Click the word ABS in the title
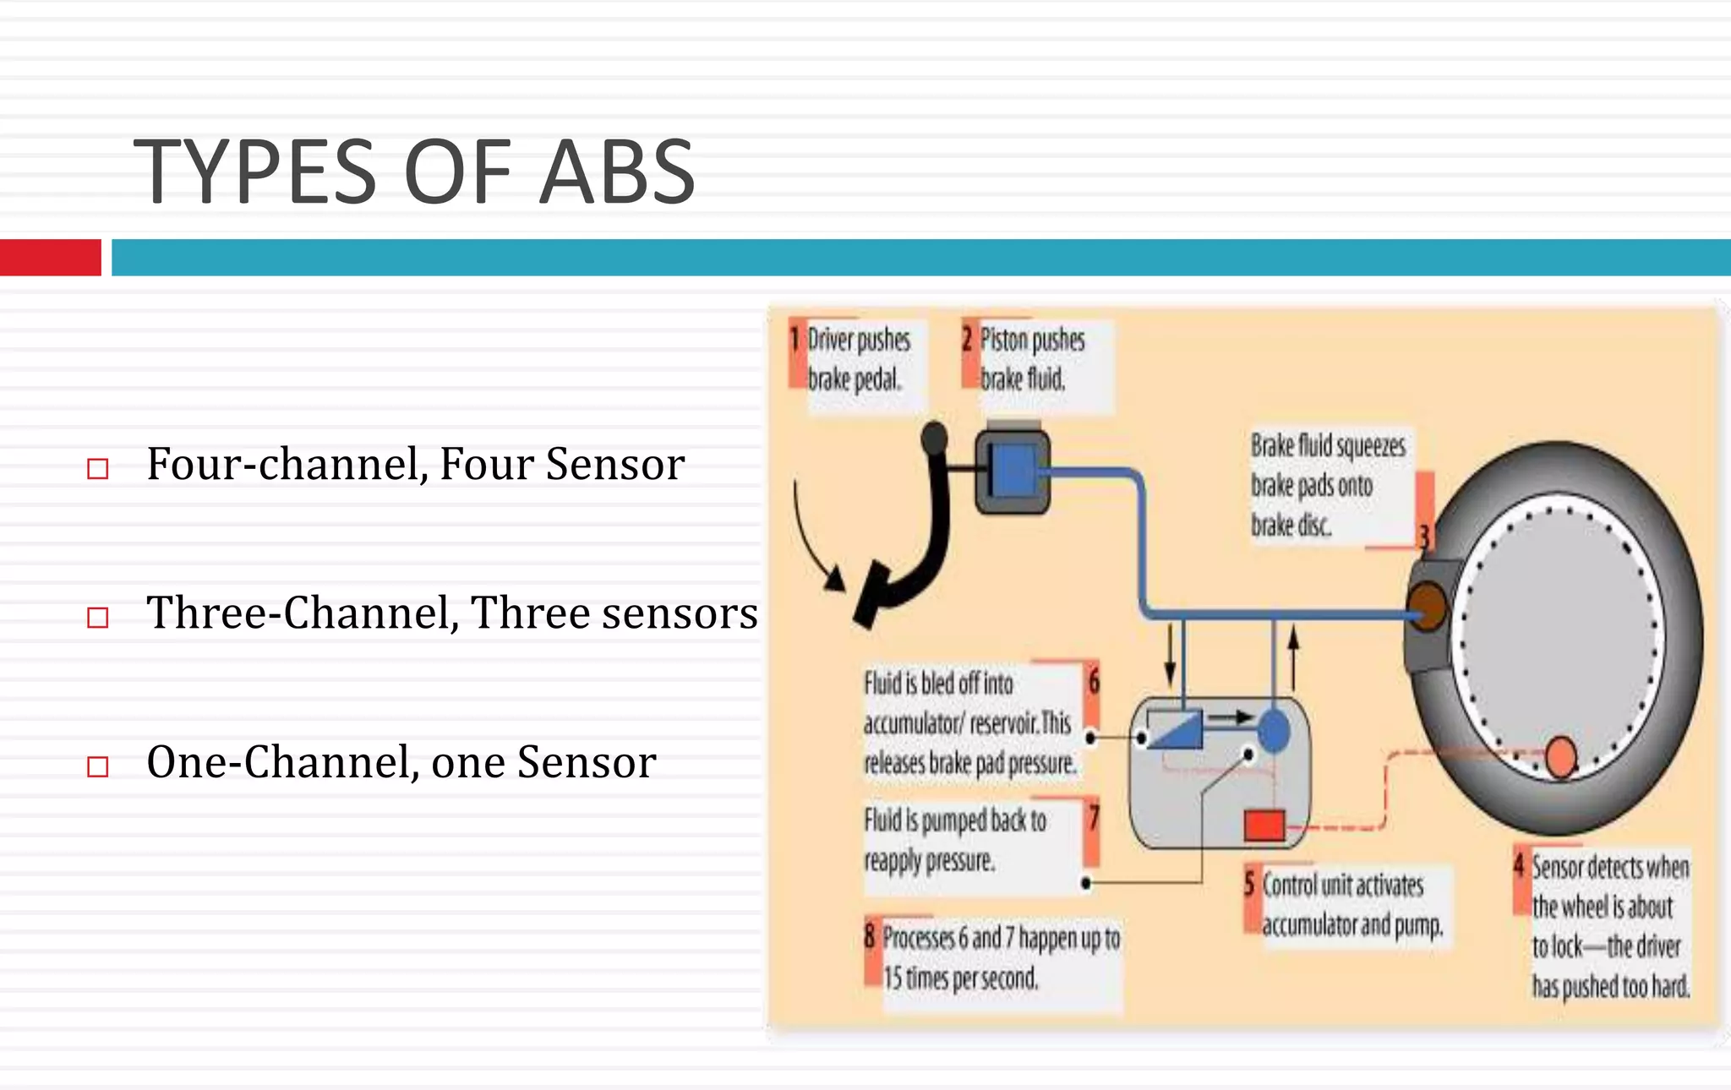(616, 173)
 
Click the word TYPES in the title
(254, 173)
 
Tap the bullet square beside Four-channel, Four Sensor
(98, 468)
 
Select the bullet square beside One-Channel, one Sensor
(98, 766)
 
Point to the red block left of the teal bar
(50, 258)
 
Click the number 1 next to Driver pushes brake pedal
(795, 340)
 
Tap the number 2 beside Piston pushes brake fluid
(967, 340)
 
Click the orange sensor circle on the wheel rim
(1560, 756)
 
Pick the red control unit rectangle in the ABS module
(1264, 825)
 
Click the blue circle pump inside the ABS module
(1274, 730)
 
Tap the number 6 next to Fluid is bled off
(1094, 680)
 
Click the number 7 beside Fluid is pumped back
(1094, 817)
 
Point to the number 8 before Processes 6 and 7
(870, 936)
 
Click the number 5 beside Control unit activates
(1249, 884)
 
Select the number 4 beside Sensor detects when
(1519, 865)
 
